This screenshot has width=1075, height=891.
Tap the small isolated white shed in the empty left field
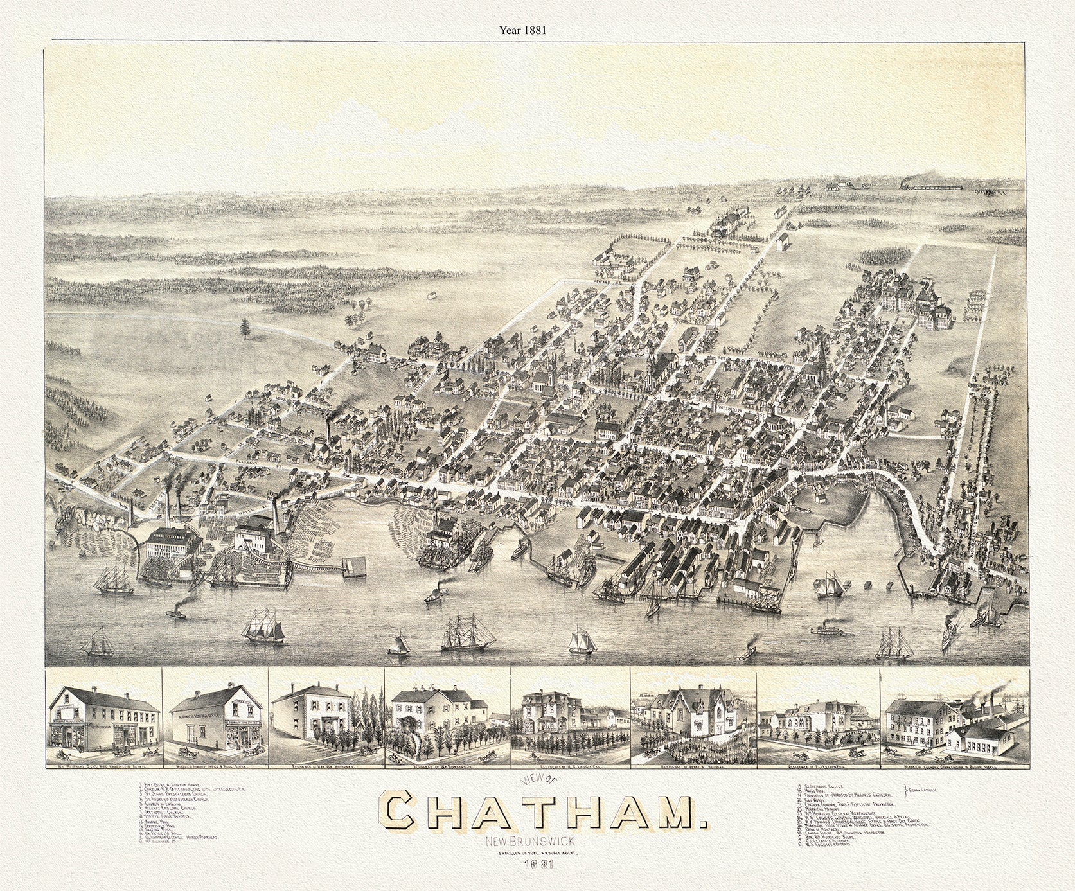click(429, 297)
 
